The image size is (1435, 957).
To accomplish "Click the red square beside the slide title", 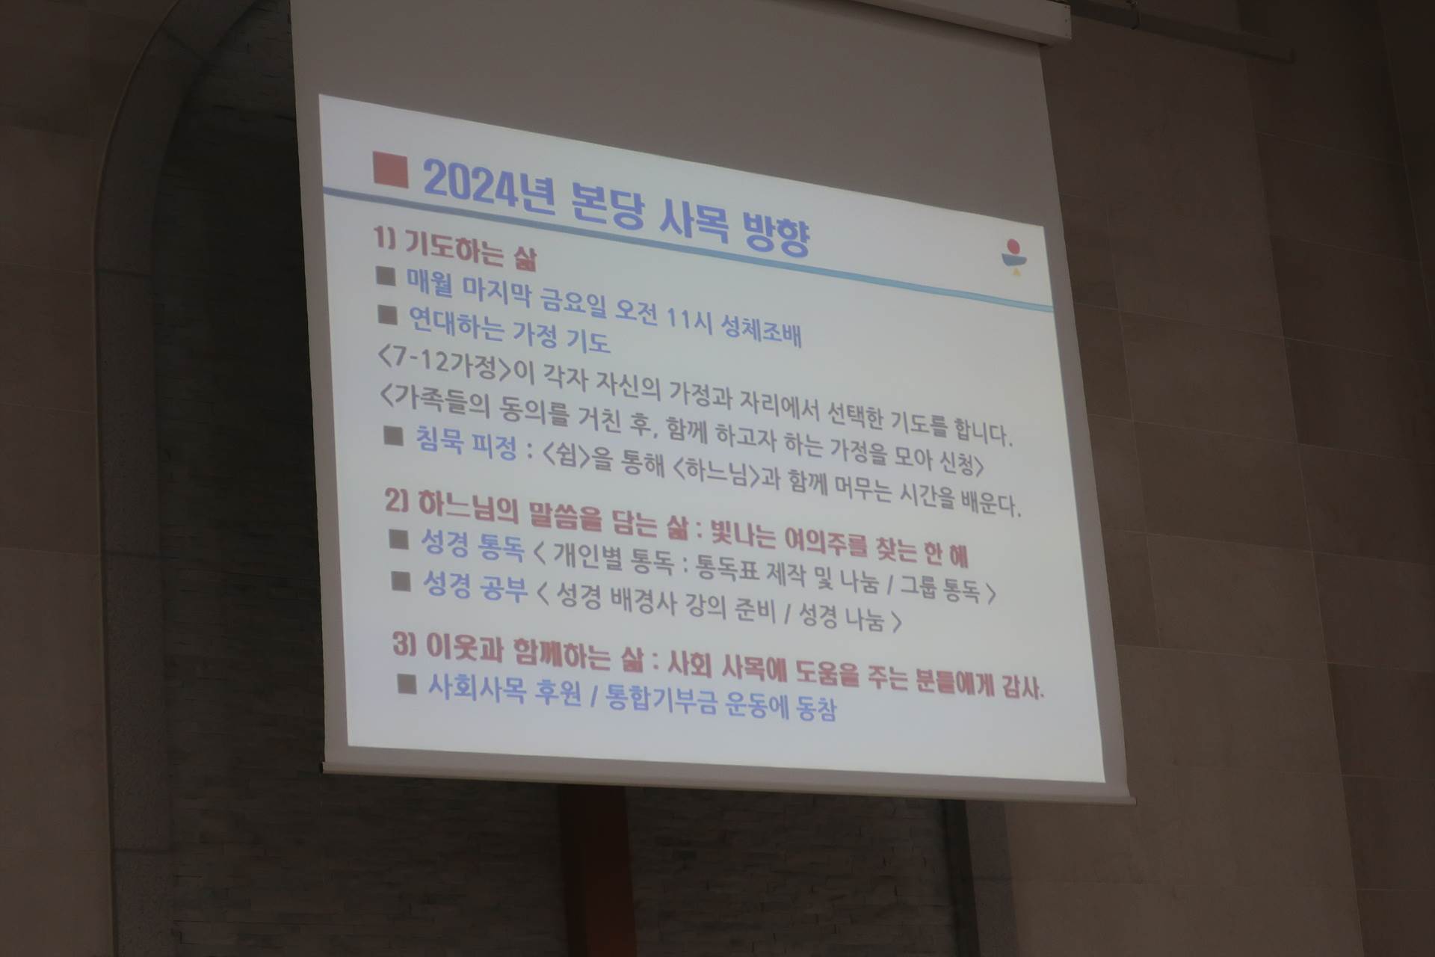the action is point(390,170).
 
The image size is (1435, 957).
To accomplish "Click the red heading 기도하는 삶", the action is point(470,250).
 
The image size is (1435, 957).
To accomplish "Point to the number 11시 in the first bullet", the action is point(690,317).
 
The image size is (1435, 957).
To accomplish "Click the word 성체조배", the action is point(761,328).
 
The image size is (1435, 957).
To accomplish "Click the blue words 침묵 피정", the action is point(466,443).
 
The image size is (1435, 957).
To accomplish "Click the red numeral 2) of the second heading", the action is point(396,500).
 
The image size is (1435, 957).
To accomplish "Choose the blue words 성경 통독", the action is point(473,544).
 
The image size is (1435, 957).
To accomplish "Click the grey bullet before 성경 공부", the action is point(401,581).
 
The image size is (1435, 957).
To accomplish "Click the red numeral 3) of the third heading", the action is point(404,644).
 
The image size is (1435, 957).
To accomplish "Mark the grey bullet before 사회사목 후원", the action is point(407,683).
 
